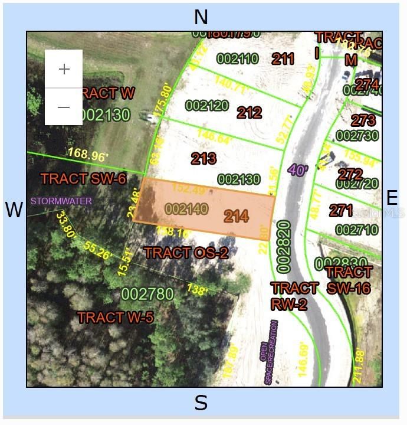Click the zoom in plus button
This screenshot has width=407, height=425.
(64, 69)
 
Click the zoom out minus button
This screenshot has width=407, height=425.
(64, 107)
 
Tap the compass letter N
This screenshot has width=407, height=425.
(201, 17)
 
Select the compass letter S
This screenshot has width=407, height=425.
(201, 403)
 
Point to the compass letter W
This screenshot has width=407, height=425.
(14, 210)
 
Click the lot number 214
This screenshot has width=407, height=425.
(236, 216)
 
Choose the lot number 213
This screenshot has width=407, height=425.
(203, 158)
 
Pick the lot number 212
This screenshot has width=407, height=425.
(249, 112)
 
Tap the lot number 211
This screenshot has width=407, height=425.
(283, 58)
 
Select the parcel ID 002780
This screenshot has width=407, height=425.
(147, 293)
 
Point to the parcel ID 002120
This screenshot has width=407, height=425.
(206, 105)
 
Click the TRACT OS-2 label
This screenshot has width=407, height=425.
(186, 253)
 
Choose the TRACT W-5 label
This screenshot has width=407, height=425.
(116, 318)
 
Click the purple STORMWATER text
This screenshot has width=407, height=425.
(61, 201)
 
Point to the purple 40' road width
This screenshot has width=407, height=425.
(298, 170)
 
